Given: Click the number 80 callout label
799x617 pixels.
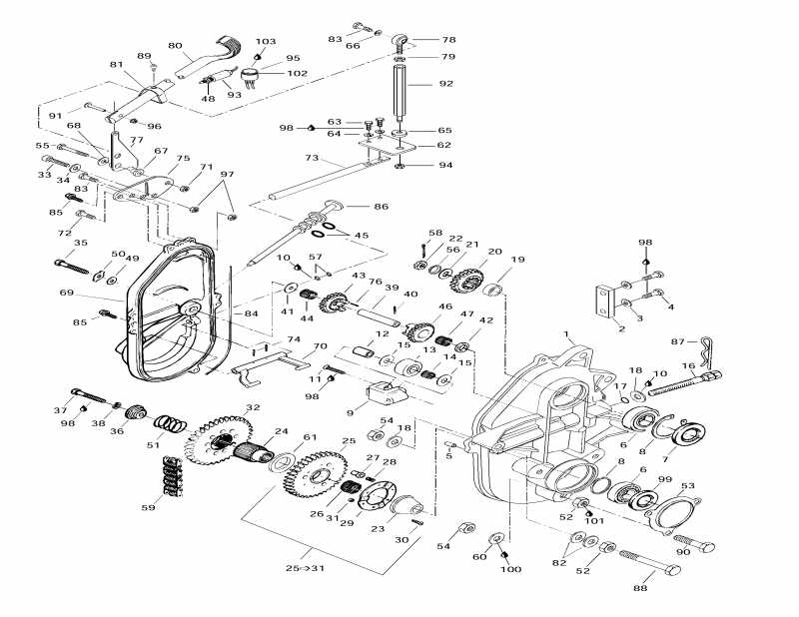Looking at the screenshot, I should coord(175,46).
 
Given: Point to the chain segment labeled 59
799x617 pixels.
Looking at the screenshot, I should coord(172,474).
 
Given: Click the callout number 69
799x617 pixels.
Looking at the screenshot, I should coord(67,293).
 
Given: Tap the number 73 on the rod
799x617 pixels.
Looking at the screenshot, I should coord(312,159).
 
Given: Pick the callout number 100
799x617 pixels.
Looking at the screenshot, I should coord(511,569).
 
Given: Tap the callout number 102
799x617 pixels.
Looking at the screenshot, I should coord(297,73).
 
